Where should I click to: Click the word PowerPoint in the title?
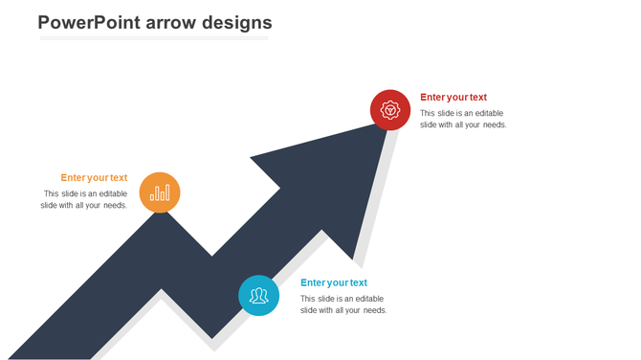click(89, 22)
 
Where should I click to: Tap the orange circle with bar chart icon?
click(160, 192)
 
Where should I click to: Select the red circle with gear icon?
click(390, 109)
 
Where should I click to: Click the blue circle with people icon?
click(258, 295)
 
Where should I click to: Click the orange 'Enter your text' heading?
click(94, 177)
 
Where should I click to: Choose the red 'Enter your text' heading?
click(453, 97)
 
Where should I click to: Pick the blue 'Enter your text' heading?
click(334, 282)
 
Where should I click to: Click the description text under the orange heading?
click(84, 199)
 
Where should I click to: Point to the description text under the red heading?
click(463, 119)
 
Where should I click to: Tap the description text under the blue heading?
click(343, 304)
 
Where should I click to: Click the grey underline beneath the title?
click(153, 39)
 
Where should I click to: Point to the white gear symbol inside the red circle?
click(390, 109)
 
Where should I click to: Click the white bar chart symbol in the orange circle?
click(160, 193)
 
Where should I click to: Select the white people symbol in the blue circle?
click(258, 296)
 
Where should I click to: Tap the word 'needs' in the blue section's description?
click(373, 310)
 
